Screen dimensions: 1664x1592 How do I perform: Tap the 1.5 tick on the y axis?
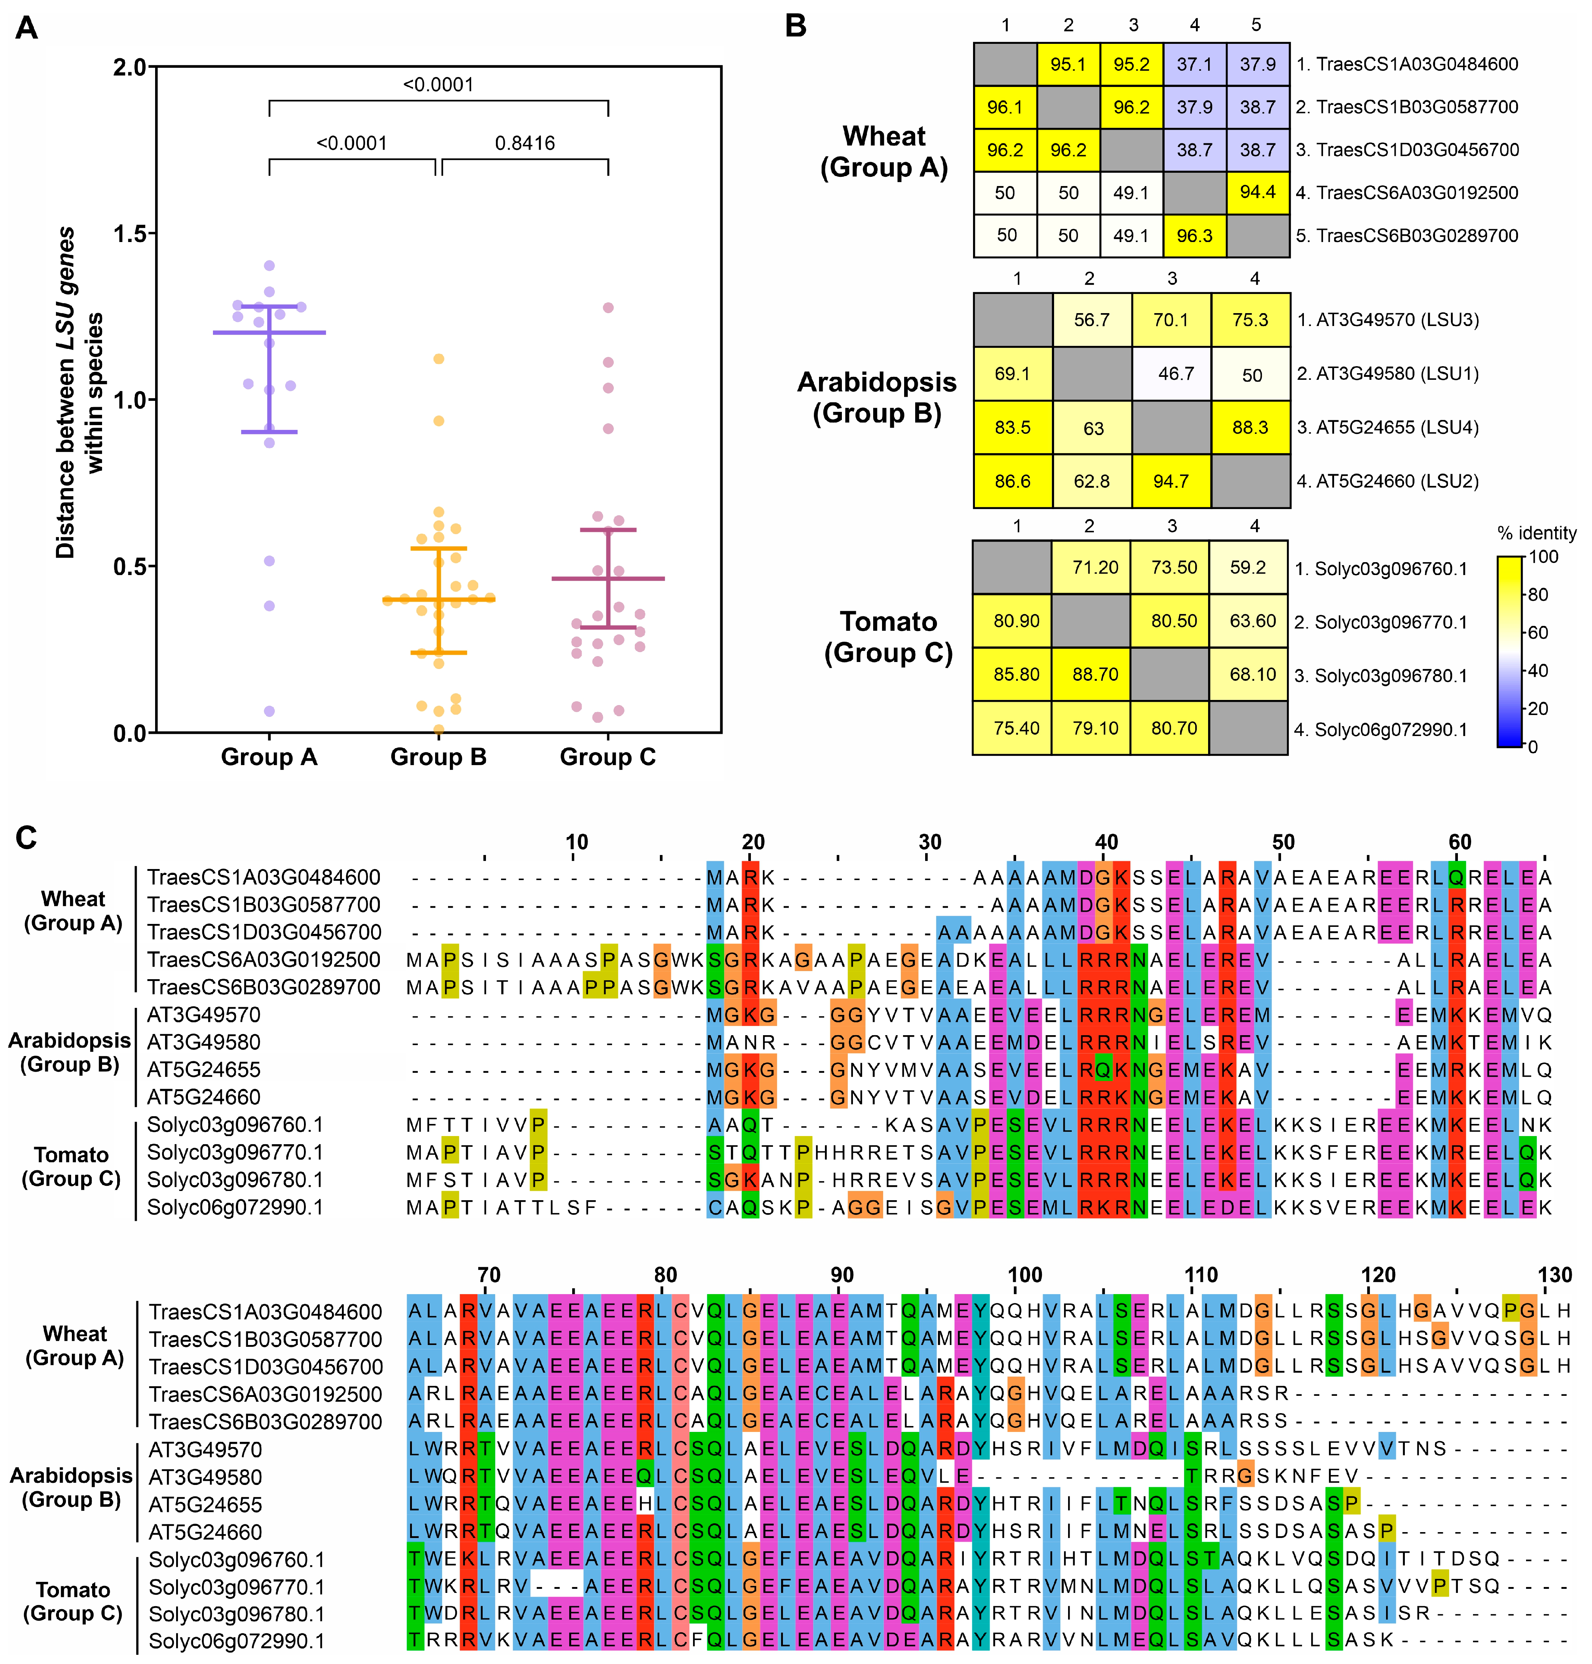tap(132, 233)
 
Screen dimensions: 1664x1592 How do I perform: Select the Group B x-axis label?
tap(438, 757)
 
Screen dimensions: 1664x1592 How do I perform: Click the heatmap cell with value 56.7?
tap(1091, 320)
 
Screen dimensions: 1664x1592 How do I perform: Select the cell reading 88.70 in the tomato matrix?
tap(1095, 675)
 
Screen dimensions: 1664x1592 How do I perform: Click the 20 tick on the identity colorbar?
tap(1539, 708)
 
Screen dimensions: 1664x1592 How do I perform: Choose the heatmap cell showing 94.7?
tap(1171, 481)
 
